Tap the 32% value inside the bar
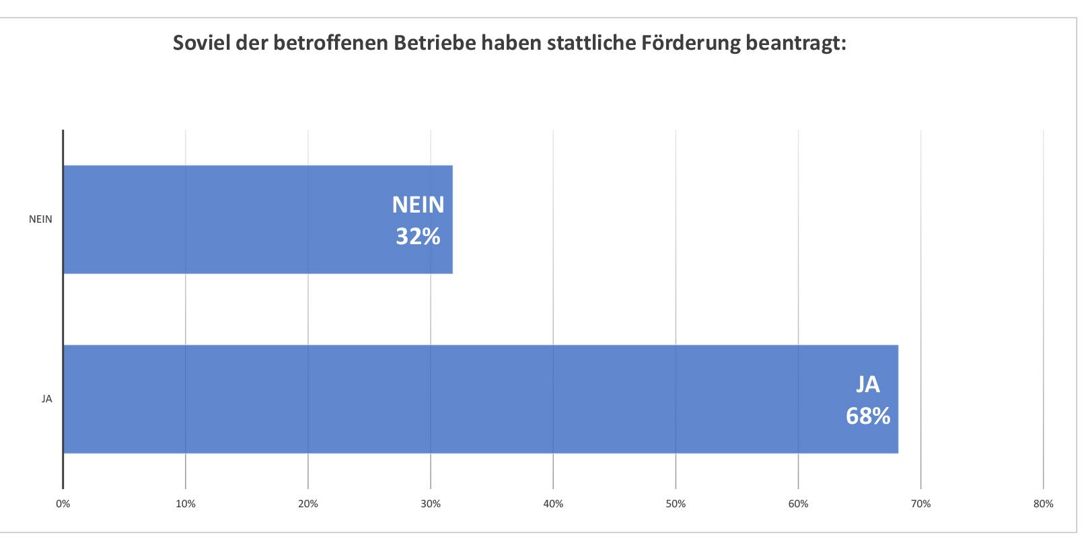[x=418, y=237]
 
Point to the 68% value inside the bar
[x=868, y=416]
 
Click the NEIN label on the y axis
[x=40, y=219]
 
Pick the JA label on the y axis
[x=46, y=399]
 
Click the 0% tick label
[x=63, y=504]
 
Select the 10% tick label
[x=186, y=504]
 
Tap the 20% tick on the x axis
[x=308, y=504]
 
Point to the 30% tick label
[x=431, y=504]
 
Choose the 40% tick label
[x=553, y=504]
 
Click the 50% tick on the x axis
[x=676, y=504]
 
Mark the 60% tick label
[x=798, y=504]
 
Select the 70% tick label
[x=920, y=504]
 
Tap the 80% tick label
[x=1043, y=504]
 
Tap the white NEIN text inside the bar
[x=418, y=205]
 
